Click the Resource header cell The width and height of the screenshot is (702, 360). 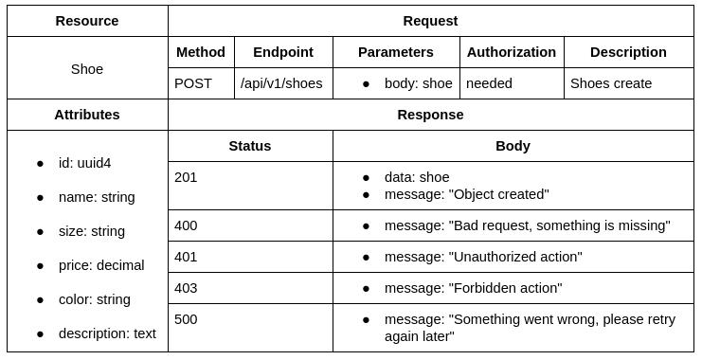click(87, 21)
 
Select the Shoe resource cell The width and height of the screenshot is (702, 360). click(87, 69)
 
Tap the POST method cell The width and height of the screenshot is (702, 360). click(193, 83)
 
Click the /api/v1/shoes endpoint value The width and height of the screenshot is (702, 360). click(281, 83)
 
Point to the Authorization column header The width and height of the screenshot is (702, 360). click(512, 52)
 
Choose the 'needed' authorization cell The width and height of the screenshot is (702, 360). click(489, 83)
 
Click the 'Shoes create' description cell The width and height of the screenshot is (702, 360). click(611, 83)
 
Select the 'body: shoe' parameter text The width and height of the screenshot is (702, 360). click(418, 83)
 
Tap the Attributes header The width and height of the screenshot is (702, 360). click(87, 115)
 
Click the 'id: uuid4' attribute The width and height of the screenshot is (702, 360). click(84, 163)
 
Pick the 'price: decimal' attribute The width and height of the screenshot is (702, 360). click(101, 265)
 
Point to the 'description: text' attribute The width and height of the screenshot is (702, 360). click(107, 333)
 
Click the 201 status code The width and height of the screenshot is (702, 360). click(186, 177)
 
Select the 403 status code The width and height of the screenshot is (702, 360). click(186, 288)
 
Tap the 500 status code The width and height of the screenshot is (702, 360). click(186, 319)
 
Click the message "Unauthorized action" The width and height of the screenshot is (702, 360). click(483, 257)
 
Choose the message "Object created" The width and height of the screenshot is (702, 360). click(466, 194)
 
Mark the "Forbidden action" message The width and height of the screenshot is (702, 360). click(473, 288)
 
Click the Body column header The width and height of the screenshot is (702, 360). click(513, 146)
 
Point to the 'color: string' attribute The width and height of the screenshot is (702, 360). click(95, 299)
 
